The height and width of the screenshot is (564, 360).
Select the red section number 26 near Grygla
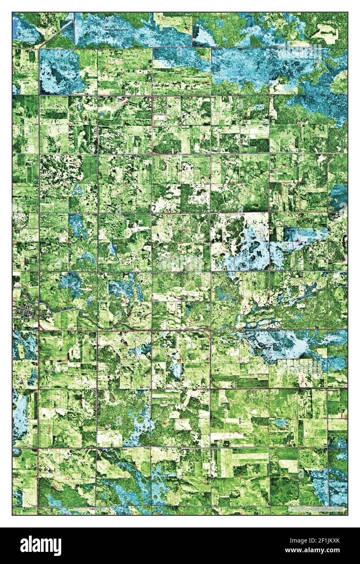tap(15, 299)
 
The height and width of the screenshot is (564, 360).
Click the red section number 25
tap(67, 301)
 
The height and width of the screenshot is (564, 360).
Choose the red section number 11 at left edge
tap(15, 479)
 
